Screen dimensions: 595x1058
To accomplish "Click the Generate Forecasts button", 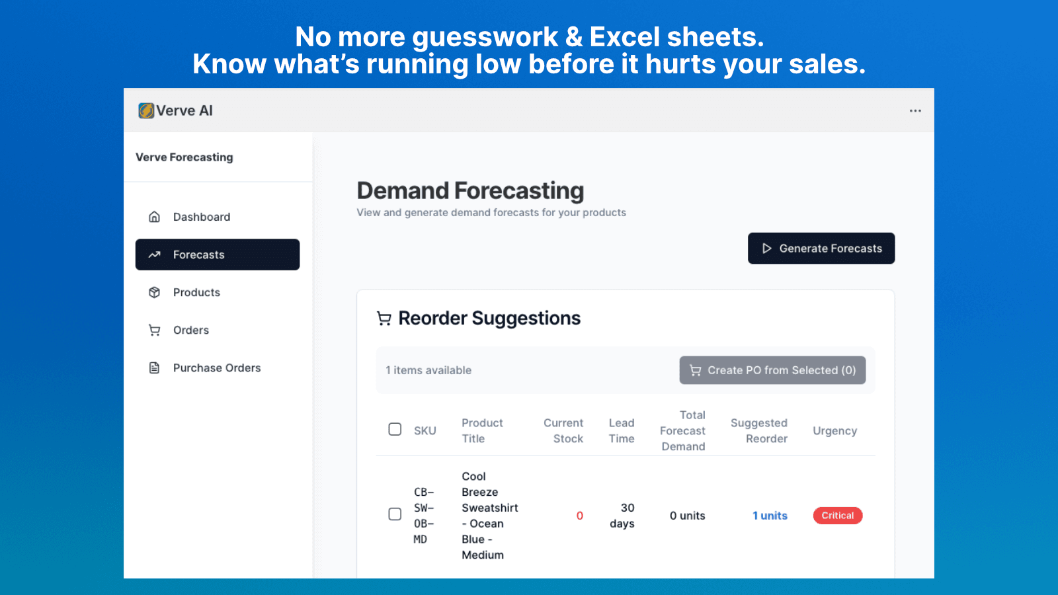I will click(x=821, y=249).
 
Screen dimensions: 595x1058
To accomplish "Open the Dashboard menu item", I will click(x=201, y=217).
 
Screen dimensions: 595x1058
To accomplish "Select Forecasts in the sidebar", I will click(x=218, y=255).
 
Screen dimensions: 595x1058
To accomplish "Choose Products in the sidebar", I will click(x=196, y=292).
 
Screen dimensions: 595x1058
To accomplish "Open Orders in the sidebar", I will click(x=190, y=330).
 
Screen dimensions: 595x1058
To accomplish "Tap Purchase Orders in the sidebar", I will click(x=216, y=368).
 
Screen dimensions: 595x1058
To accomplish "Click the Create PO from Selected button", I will click(x=772, y=370).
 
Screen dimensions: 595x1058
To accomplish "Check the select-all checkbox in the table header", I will click(x=395, y=429).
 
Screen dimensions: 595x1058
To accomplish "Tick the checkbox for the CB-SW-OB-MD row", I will click(x=395, y=514).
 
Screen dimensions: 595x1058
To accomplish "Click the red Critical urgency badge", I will click(x=837, y=516).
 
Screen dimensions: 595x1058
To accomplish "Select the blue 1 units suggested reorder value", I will click(x=770, y=516).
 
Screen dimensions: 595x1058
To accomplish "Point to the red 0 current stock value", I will click(x=579, y=516).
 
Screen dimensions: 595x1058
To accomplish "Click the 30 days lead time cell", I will click(x=622, y=516).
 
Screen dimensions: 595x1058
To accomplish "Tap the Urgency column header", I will click(x=834, y=431).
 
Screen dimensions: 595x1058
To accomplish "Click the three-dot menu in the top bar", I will click(x=915, y=111).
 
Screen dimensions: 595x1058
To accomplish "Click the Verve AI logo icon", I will click(x=146, y=110).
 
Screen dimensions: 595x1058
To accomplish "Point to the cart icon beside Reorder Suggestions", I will click(x=384, y=319).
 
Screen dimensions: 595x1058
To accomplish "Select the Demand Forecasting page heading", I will click(x=470, y=190).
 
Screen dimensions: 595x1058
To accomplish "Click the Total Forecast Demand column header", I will click(x=683, y=431).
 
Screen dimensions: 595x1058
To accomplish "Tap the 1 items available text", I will click(x=428, y=370).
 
